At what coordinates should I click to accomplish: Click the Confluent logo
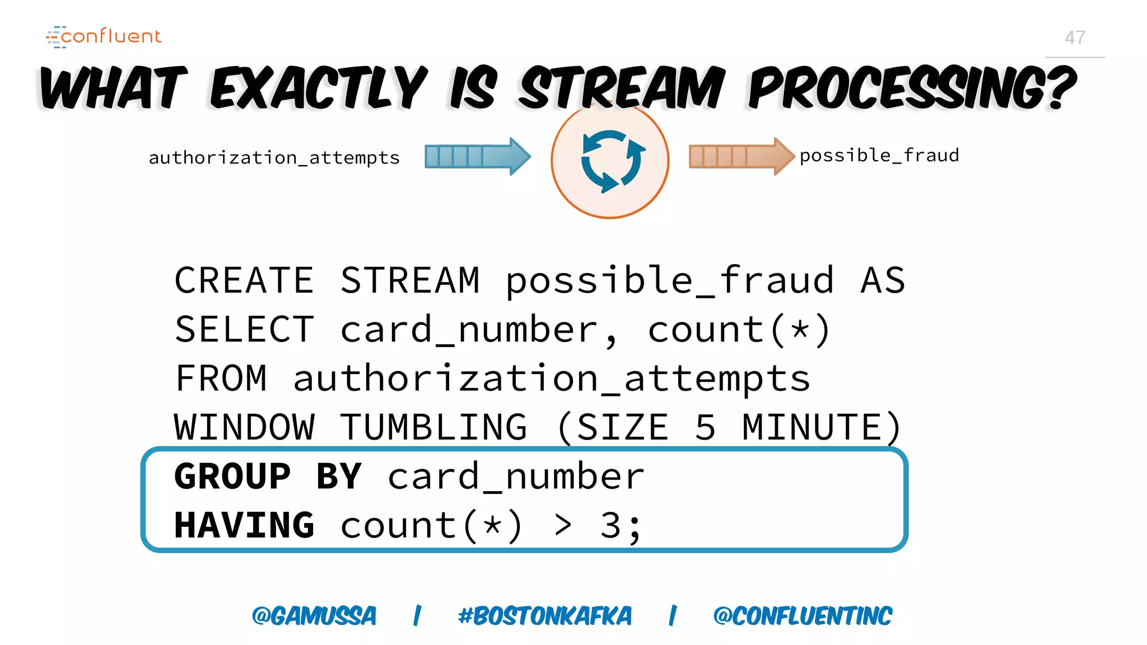click(104, 36)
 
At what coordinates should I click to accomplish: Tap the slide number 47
click(1075, 38)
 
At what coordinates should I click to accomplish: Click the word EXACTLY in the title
click(319, 88)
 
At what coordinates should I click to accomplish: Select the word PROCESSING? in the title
click(912, 88)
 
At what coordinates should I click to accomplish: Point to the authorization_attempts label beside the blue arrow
click(274, 158)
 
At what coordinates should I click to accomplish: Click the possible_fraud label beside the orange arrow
click(879, 155)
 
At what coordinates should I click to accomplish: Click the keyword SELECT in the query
click(244, 329)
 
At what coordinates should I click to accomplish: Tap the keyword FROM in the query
click(221, 378)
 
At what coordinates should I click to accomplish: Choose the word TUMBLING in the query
click(433, 427)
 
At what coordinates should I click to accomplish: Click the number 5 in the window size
click(706, 427)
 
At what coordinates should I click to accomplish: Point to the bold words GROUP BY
click(268, 476)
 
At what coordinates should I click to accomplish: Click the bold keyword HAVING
click(244, 525)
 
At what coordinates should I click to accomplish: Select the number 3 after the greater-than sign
click(610, 525)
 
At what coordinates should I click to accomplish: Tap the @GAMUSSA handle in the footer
click(314, 616)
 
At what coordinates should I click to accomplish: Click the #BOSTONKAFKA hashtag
click(544, 616)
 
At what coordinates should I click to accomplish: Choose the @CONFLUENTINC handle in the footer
click(803, 616)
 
